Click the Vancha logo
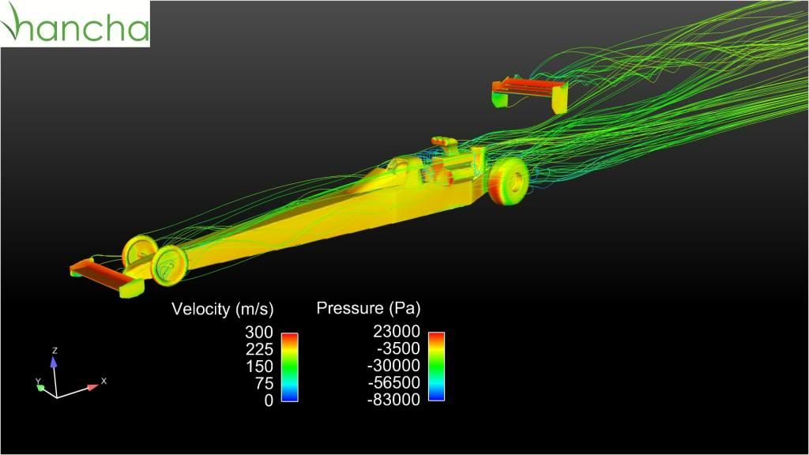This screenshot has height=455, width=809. [x=75, y=24]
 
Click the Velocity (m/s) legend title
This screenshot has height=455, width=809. [x=222, y=309]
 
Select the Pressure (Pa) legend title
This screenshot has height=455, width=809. [x=368, y=308]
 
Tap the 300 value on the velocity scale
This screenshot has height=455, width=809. [x=258, y=333]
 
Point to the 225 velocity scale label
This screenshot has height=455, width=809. [x=258, y=349]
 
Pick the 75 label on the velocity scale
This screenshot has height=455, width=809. [x=264, y=383]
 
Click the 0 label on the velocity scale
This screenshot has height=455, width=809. [x=269, y=400]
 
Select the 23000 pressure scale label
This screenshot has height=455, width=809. [x=397, y=331]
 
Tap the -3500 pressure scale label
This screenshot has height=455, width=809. [x=398, y=348]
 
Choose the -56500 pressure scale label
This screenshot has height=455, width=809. [x=393, y=382]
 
